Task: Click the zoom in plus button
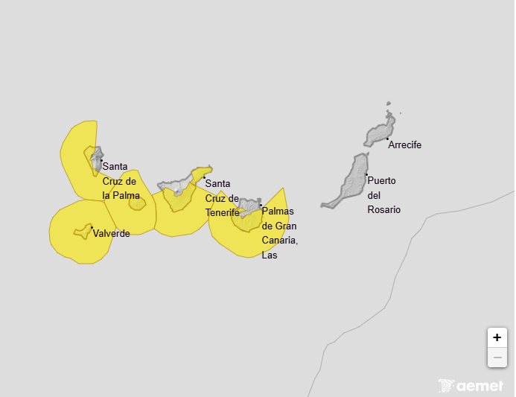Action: (x=497, y=337)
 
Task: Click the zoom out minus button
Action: (x=497, y=358)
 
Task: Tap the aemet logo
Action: (x=472, y=386)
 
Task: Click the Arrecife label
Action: (x=405, y=145)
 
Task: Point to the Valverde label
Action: (x=112, y=233)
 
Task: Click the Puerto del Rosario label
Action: (x=384, y=195)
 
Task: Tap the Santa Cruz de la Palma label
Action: (x=119, y=180)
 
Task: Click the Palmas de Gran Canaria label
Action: (x=280, y=233)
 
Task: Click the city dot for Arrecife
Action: (x=388, y=139)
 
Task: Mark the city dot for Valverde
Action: (x=92, y=227)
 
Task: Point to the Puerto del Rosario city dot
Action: (x=366, y=174)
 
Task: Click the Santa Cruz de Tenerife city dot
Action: (x=204, y=177)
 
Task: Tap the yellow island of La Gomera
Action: (x=137, y=202)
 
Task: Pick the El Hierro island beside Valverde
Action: (x=82, y=232)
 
